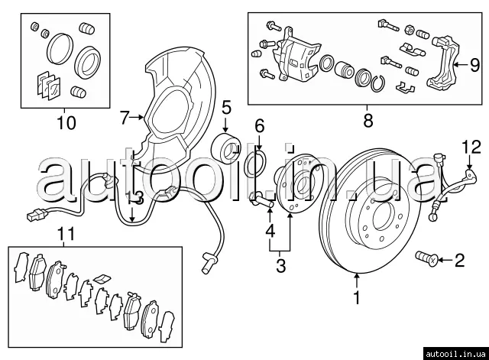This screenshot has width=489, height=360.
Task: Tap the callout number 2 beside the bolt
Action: tap(459, 261)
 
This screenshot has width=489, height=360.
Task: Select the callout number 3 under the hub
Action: tap(280, 266)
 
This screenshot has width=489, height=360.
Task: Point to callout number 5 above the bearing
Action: tap(227, 106)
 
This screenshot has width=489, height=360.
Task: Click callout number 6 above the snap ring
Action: tap(259, 125)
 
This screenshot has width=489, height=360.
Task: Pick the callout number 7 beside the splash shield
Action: tap(126, 117)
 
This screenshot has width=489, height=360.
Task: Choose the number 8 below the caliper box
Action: tap(368, 120)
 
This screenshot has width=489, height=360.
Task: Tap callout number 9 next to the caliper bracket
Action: tap(474, 63)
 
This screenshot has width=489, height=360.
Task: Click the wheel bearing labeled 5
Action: tap(227, 143)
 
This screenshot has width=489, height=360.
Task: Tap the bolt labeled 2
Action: tap(426, 260)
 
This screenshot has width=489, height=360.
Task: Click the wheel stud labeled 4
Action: tap(263, 203)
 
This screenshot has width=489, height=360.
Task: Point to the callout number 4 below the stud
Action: tap(269, 231)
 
